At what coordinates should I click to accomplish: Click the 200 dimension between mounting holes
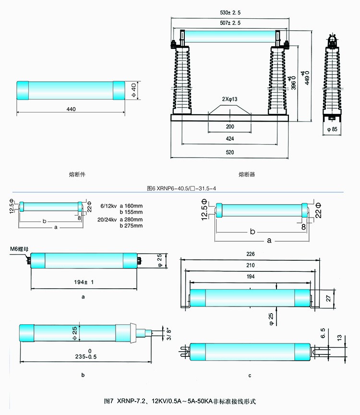click(x=230, y=127)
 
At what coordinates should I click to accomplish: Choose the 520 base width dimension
click(x=230, y=152)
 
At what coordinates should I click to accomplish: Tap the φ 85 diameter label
click(x=333, y=129)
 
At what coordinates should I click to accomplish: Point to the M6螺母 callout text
click(x=19, y=249)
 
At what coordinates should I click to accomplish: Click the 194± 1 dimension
click(x=84, y=281)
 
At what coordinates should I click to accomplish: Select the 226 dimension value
click(x=249, y=254)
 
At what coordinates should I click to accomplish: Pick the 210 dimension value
click(x=249, y=266)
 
